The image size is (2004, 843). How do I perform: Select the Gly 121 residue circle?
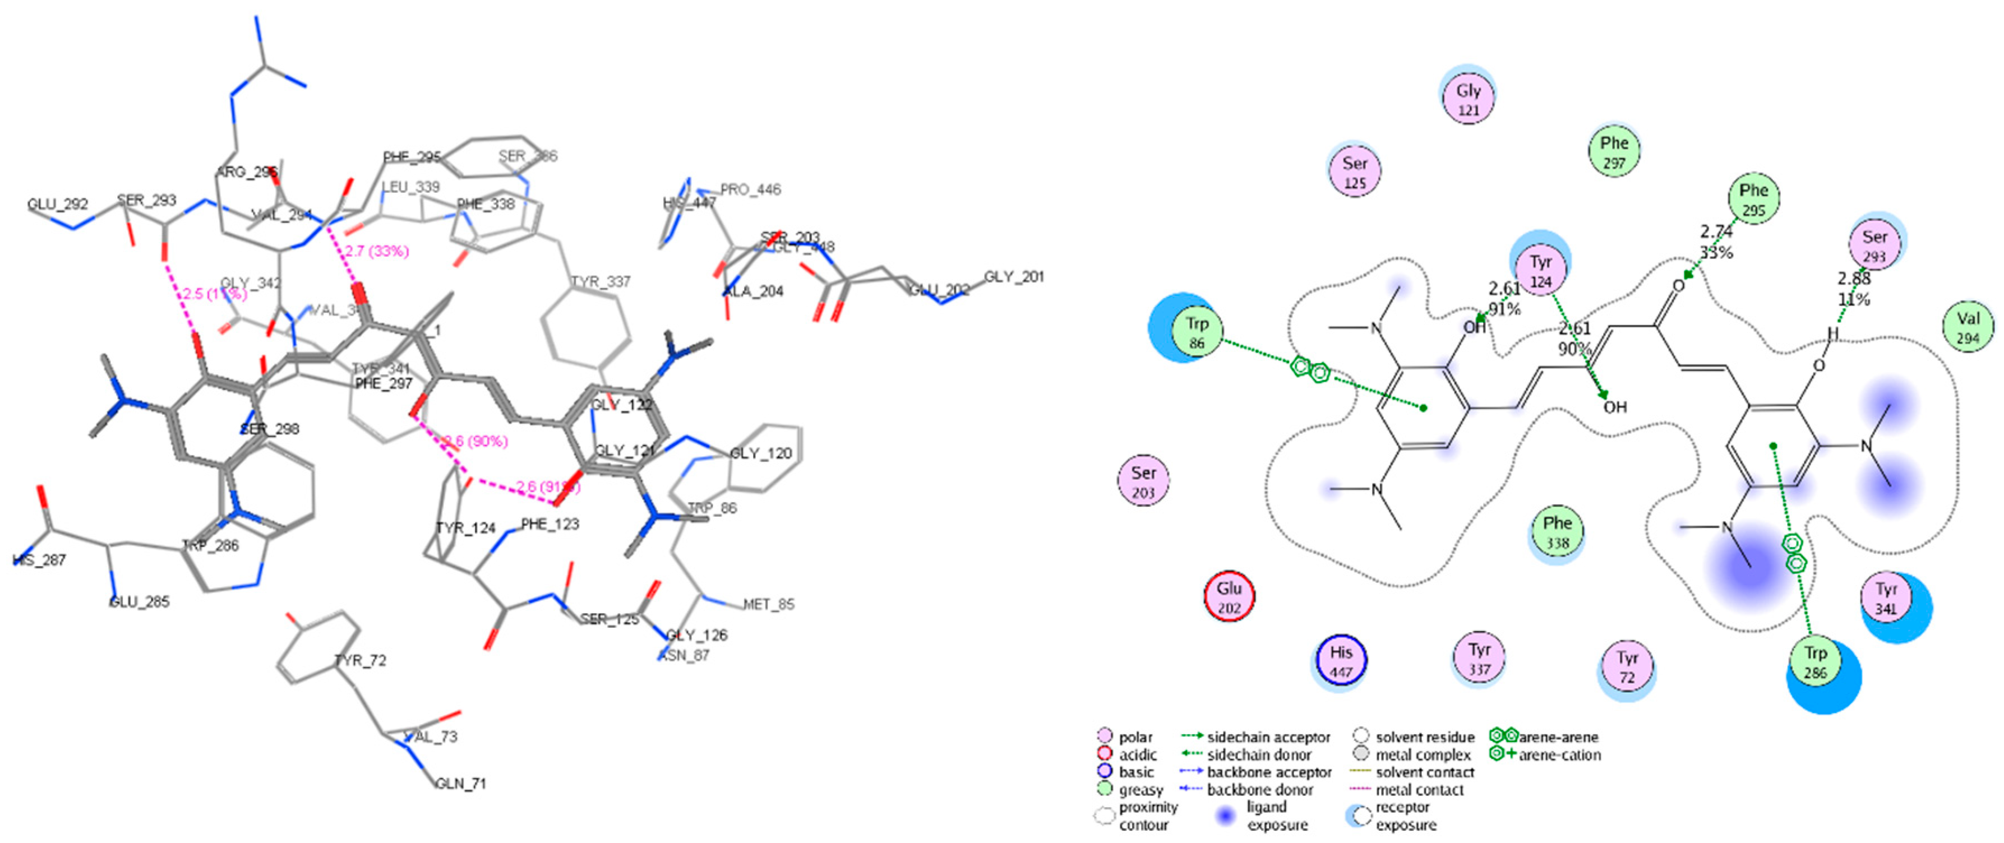1468,100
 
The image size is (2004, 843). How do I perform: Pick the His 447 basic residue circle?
1341,661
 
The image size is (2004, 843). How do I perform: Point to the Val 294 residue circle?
1968,327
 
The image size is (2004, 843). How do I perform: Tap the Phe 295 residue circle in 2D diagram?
1753,199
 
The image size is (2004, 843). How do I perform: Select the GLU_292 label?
58,205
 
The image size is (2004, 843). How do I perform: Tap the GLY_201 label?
1014,277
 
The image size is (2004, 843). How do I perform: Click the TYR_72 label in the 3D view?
360,660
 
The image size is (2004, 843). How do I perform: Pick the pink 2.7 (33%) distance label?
377,251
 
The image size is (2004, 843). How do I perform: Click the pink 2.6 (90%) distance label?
476,442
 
